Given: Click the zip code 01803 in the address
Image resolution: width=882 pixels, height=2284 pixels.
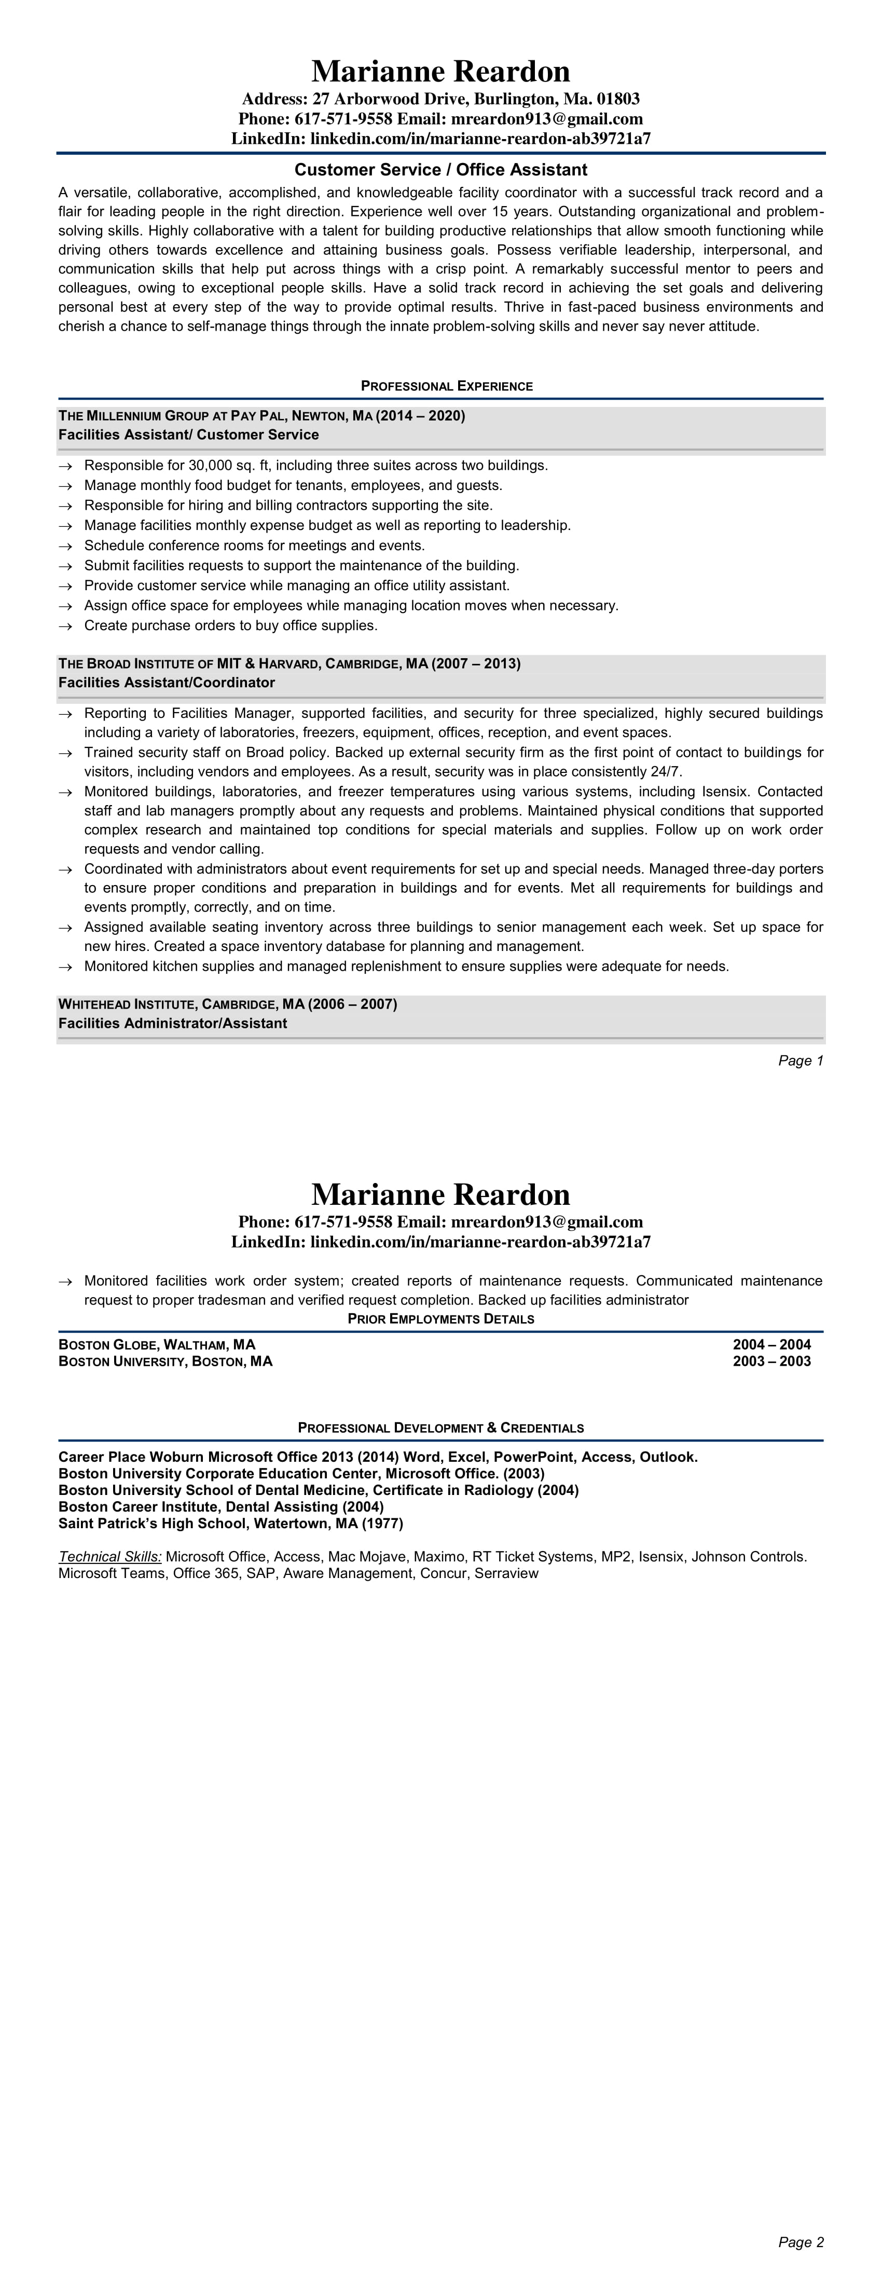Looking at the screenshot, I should coord(618,99).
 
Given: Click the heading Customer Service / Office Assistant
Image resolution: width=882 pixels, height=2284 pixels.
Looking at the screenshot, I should coord(440,169).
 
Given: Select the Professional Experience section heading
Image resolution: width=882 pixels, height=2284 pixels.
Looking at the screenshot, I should coord(447,386).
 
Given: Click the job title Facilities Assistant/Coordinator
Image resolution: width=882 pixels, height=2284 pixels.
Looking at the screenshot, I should coord(167,683).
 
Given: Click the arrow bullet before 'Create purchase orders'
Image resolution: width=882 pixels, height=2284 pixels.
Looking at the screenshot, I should coord(65,626).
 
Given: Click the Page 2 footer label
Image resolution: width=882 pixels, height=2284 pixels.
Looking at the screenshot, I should coord(801,2242).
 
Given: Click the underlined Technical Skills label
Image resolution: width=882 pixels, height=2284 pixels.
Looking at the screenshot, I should coord(110,1556).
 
